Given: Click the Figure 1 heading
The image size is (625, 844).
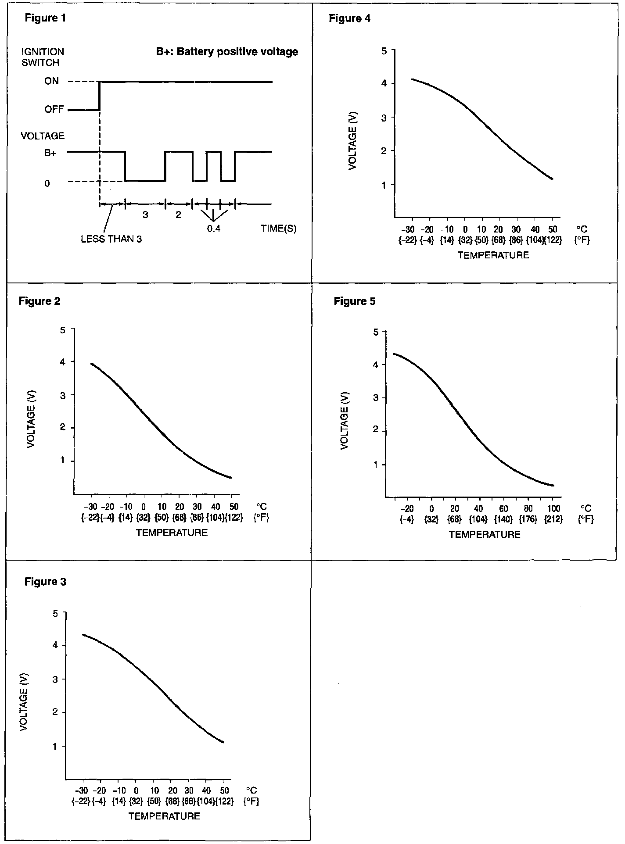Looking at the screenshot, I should pyautogui.click(x=45, y=18).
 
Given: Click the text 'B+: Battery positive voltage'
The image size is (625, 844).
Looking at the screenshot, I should pyautogui.click(x=227, y=52).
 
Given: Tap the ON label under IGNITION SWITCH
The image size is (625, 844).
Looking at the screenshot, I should pyautogui.click(x=51, y=81).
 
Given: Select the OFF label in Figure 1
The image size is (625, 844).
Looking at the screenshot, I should pyautogui.click(x=54, y=109).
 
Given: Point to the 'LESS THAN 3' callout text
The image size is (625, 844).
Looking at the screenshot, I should pyautogui.click(x=111, y=240).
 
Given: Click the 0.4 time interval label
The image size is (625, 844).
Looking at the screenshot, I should pyautogui.click(x=214, y=229).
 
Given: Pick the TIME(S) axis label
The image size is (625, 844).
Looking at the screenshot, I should pyautogui.click(x=278, y=229).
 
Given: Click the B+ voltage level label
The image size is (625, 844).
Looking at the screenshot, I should pyautogui.click(x=50, y=153).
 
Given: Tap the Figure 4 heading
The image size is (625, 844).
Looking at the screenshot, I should pyautogui.click(x=349, y=18).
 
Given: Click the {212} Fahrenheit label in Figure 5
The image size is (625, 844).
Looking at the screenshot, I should pyautogui.click(x=553, y=519).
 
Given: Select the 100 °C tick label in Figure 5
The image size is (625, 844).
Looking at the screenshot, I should pyautogui.click(x=553, y=508).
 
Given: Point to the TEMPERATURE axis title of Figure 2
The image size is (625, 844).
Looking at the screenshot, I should pyautogui.click(x=172, y=533).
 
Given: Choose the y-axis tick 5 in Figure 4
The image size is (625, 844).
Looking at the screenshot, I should pyautogui.click(x=384, y=51).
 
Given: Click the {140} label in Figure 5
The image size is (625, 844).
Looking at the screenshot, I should pyautogui.click(x=503, y=519).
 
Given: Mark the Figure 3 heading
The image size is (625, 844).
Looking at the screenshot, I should pyautogui.click(x=45, y=582).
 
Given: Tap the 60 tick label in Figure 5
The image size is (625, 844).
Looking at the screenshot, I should pyautogui.click(x=503, y=508).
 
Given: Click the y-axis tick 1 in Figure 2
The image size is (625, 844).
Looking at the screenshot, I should pyautogui.click(x=63, y=461).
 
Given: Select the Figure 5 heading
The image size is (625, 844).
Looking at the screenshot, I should pyautogui.click(x=355, y=301).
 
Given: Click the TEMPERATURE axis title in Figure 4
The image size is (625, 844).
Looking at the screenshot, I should pyautogui.click(x=493, y=255).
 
